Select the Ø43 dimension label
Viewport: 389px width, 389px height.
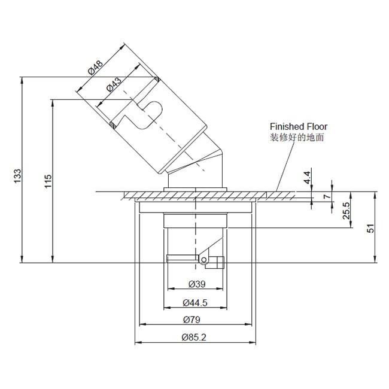click(x=113, y=84)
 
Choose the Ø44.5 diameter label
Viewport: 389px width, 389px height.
click(x=196, y=302)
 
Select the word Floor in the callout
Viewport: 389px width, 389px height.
click(x=317, y=127)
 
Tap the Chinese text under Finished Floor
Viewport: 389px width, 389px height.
click(x=297, y=138)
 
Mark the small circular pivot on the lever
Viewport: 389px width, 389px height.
click(x=204, y=260)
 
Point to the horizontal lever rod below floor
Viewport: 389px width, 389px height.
click(x=181, y=259)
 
